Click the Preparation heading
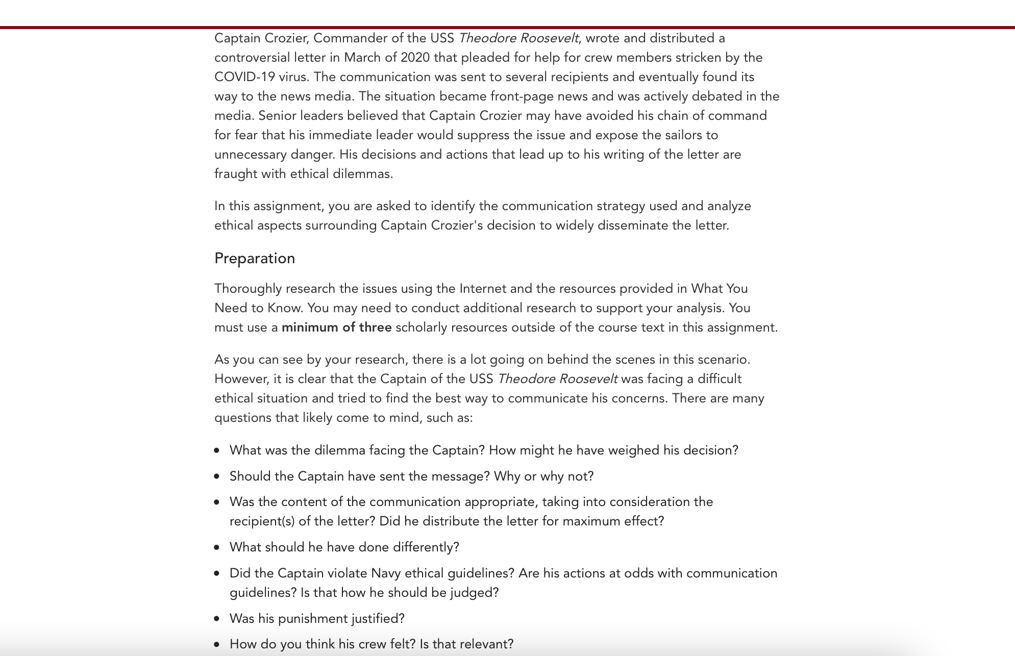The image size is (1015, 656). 255,259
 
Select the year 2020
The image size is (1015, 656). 415,58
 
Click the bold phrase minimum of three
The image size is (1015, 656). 337,327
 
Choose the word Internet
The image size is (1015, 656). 483,289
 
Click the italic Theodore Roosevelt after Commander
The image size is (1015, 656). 518,38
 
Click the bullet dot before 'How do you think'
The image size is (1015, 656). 217,645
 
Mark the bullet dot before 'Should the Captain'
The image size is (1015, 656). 217,477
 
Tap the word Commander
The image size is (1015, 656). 351,38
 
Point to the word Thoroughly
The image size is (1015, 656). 248,289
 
